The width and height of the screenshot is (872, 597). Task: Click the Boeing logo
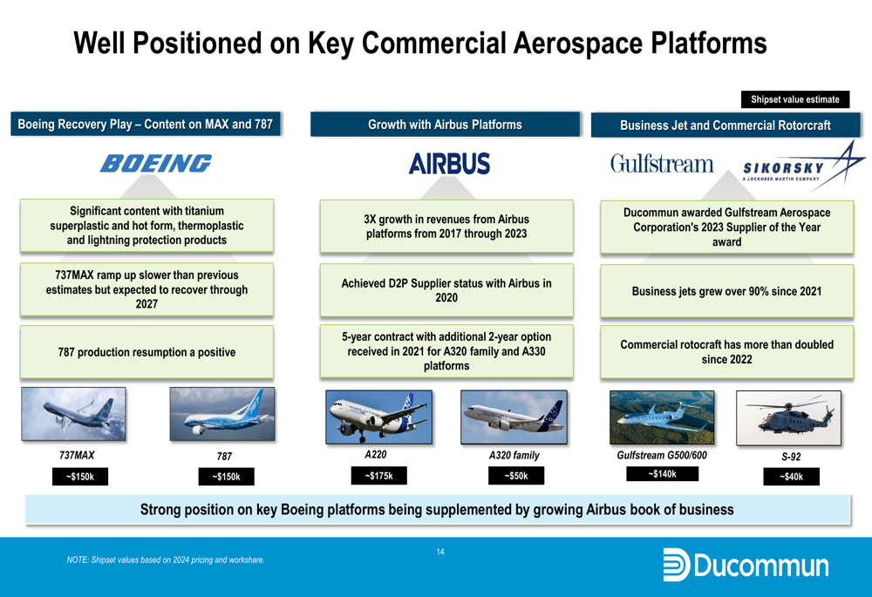tap(156, 164)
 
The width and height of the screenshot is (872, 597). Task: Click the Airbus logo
tap(449, 164)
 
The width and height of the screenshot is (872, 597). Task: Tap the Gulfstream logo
tap(662, 164)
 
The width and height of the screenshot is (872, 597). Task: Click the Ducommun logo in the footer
tap(746, 566)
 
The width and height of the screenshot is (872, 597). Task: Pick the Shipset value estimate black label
tap(795, 99)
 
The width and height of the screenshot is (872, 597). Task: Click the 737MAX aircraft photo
tap(73, 414)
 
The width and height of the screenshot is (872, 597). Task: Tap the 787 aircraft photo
tap(221, 414)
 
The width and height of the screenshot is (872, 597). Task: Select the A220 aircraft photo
tap(378, 417)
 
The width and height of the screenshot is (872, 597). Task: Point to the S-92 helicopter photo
tap(788, 418)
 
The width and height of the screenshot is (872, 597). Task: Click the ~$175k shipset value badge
tap(378, 476)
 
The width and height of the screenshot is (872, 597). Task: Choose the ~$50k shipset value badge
tap(516, 476)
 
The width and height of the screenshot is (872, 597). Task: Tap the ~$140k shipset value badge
tap(663, 473)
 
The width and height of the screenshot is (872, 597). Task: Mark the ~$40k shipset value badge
tap(792, 477)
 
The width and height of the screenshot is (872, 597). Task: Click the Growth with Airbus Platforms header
tap(445, 124)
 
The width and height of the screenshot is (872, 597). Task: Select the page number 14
tap(440, 552)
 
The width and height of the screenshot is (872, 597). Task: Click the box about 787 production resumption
tap(146, 352)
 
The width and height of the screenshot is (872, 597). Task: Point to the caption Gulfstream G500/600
tap(662, 455)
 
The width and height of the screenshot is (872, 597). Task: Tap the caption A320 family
tap(514, 455)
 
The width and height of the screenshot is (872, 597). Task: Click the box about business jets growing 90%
tap(727, 291)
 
